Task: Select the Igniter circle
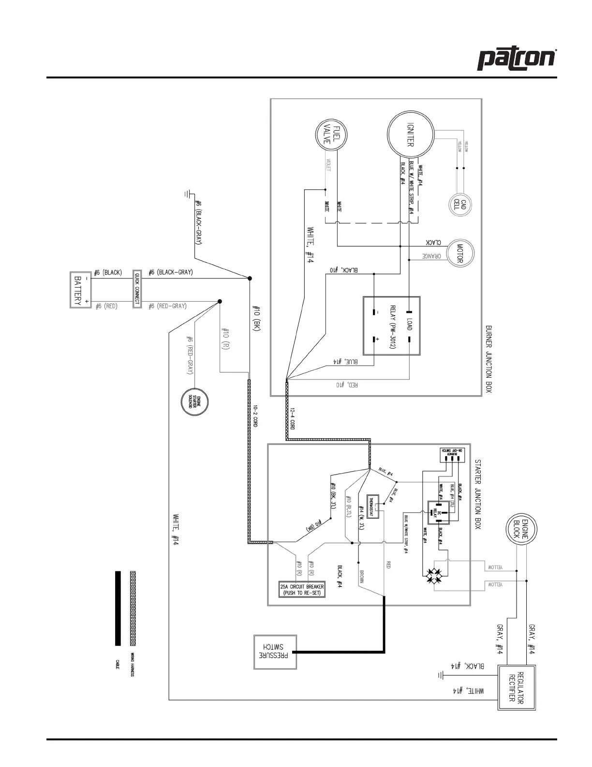click(x=410, y=134)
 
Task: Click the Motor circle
click(x=459, y=253)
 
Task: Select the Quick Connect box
click(x=137, y=289)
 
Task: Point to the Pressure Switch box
click(x=275, y=652)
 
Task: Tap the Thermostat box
click(x=373, y=507)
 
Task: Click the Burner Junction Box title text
click(x=488, y=358)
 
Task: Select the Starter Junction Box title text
click(x=478, y=494)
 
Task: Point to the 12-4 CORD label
click(x=293, y=418)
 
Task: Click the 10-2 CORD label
click(x=255, y=415)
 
